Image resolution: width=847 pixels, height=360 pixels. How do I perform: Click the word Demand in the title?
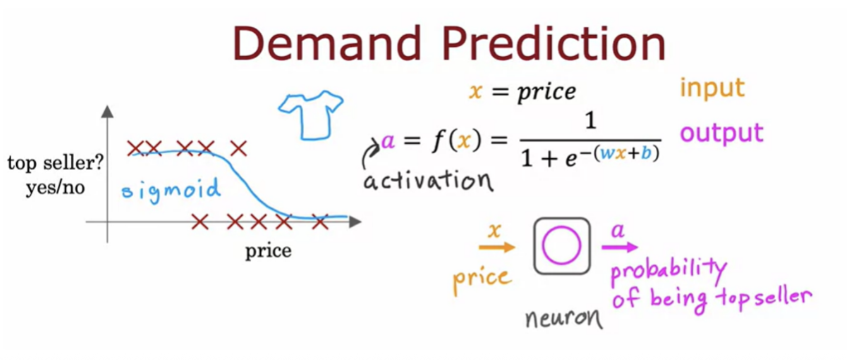tap(328, 43)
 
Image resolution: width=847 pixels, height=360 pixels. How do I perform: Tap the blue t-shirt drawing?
tap(311, 115)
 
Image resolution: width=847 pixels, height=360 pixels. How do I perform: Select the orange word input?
tap(712, 89)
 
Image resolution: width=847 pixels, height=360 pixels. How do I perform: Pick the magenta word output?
tap(722, 133)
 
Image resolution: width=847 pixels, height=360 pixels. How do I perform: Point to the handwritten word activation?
tap(428, 180)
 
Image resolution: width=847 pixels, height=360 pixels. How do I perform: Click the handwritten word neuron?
tap(564, 318)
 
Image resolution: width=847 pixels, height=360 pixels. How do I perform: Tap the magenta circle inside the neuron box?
tap(562, 245)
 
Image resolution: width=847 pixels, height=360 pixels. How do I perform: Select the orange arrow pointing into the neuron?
tap(497, 247)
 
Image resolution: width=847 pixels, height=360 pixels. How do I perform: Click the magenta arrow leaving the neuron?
tap(620, 247)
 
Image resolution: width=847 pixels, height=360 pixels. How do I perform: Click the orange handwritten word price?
tap(483, 281)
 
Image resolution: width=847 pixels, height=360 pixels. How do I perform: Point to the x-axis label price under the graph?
tap(269, 251)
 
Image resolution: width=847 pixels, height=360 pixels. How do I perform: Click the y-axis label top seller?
tap(55, 163)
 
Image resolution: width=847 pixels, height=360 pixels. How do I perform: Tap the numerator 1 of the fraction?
tap(590, 121)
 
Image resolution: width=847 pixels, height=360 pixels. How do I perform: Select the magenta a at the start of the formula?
tap(388, 142)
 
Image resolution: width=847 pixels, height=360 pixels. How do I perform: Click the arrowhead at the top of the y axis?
tap(108, 111)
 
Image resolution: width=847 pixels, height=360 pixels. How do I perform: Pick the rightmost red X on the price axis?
tap(320, 222)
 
